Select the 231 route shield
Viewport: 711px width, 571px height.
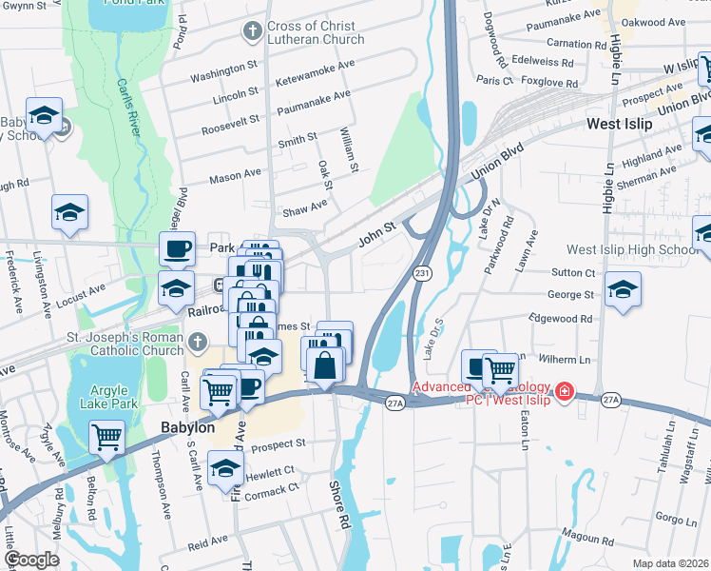click(x=421, y=273)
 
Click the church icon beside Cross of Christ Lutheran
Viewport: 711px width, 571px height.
click(x=252, y=31)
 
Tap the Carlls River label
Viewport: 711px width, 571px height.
click(x=129, y=101)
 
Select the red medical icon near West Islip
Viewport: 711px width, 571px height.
click(x=564, y=390)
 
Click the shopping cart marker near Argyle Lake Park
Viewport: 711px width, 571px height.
click(x=107, y=437)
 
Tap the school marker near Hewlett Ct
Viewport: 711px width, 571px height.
click(x=225, y=467)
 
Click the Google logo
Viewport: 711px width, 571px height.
click(x=32, y=560)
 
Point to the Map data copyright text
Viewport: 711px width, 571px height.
click(x=670, y=563)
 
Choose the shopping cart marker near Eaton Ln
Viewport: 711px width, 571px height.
click(x=500, y=368)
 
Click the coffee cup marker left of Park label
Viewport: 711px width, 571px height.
click(x=177, y=248)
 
